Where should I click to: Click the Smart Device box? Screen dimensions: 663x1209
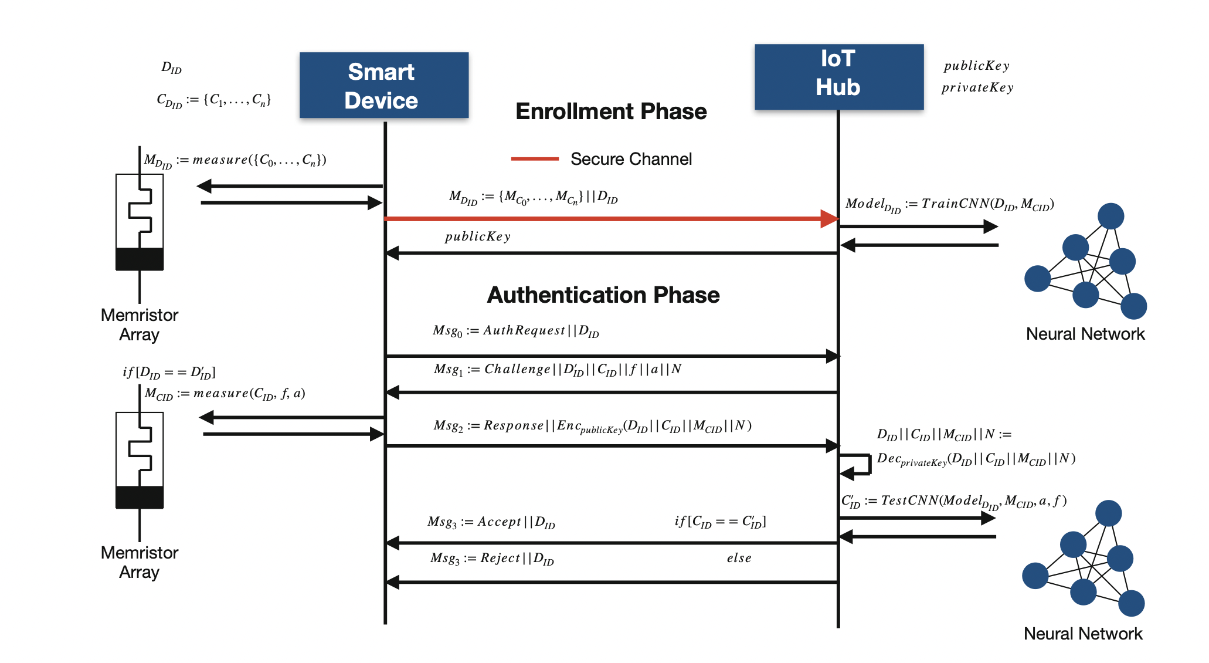pos(383,86)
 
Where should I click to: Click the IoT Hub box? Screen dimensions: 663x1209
pos(838,76)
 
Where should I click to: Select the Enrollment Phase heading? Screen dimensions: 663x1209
pos(611,111)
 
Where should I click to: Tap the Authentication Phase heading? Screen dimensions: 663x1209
pos(603,295)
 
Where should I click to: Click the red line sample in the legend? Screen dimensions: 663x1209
pos(534,158)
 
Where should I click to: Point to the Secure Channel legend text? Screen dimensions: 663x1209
pos(631,159)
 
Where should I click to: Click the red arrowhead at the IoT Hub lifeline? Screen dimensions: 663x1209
pos(829,219)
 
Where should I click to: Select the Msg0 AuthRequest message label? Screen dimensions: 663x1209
pos(515,331)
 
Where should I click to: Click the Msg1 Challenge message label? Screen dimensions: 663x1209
pos(557,370)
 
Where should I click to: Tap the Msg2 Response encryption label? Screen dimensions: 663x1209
pos(592,426)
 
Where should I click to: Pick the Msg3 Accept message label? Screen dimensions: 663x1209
pos(491,522)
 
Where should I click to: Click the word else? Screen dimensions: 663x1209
pos(739,558)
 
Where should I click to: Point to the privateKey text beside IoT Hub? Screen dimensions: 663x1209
pos(977,88)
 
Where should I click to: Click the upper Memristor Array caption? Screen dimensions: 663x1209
pos(139,324)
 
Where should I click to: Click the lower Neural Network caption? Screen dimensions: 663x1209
pos(1083,634)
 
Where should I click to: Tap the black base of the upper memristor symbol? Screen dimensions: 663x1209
pos(140,259)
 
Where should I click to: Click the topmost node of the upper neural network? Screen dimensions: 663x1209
pos(1110,216)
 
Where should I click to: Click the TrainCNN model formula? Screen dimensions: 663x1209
pos(949,204)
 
